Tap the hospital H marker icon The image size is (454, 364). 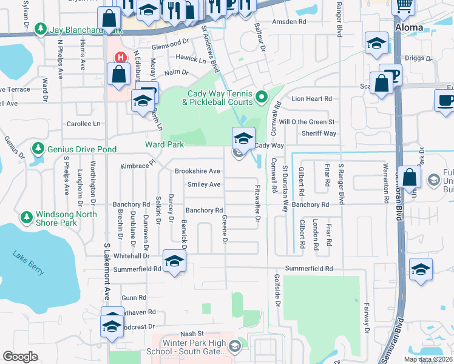[x=121, y=58]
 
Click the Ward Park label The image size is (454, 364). [x=163, y=144]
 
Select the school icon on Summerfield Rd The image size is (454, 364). [x=174, y=261]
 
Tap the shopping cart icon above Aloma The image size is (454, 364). [x=403, y=6]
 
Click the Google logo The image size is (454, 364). [x=21, y=357]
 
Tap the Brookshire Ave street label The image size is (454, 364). [x=197, y=171]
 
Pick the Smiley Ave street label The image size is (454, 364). [x=204, y=184]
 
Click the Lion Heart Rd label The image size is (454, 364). [x=312, y=98]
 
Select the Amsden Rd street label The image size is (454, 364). [x=289, y=21]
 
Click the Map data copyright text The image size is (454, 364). [x=428, y=359]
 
